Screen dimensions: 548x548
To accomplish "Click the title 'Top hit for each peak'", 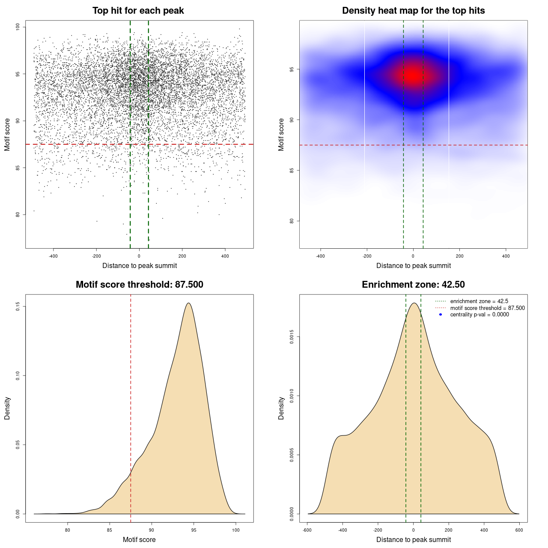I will (x=138, y=11).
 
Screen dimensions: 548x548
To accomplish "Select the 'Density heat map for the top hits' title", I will (x=413, y=11).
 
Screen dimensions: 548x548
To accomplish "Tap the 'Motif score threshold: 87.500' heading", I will (x=139, y=285).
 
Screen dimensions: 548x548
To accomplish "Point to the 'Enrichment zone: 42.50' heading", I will (x=413, y=285).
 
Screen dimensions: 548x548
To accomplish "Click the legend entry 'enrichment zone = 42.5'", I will (x=479, y=301).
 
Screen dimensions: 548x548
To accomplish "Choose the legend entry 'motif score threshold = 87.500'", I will (x=487, y=308).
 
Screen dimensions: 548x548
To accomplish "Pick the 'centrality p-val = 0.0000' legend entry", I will (x=479, y=314).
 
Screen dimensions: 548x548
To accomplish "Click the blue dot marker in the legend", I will (x=441, y=315).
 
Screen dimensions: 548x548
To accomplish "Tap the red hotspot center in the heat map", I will (x=413, y=75).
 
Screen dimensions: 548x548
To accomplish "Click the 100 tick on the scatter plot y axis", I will (x=18, y=27).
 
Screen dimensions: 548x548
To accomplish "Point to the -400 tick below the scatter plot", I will (x=53, y=256).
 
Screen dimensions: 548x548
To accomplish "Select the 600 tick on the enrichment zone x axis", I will (x=519, y=530).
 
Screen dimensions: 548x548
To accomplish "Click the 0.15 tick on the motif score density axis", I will (x=18, y=307).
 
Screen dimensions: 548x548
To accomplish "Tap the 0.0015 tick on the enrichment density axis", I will (x=292, y=337).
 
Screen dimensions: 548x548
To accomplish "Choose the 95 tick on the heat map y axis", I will (x=292, y=69).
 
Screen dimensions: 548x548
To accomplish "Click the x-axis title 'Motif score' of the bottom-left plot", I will (x=139, y=539).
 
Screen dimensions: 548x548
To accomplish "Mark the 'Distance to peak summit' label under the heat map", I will (x=413, y=265).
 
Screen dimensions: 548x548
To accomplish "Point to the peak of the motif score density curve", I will (x=188, y=303).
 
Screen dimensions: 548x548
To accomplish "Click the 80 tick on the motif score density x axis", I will (x=68, y=530).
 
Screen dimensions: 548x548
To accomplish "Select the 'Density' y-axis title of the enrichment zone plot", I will (x=281, y=408).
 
